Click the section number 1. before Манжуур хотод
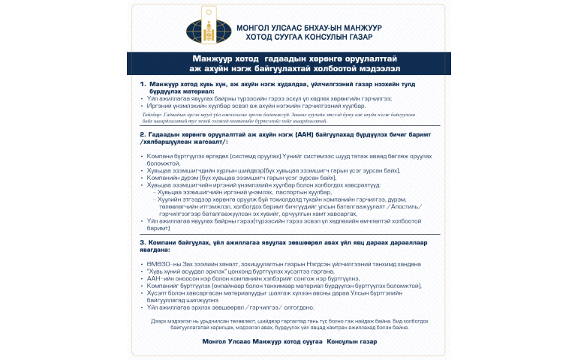pos(143,85)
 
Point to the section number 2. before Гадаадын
pos(143,134)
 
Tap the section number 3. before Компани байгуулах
pos(143,242)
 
